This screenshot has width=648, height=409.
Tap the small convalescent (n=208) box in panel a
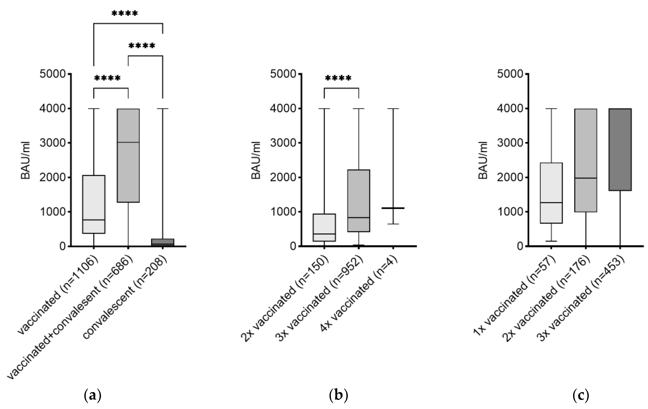[162, 242]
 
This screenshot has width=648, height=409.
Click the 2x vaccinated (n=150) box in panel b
[324, 227]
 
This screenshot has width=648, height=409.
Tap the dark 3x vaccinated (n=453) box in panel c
[620, 150]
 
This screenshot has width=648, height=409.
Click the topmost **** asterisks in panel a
[125, 13]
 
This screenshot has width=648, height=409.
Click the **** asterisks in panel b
[338, 79]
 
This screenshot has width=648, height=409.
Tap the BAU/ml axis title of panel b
[256, 160]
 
